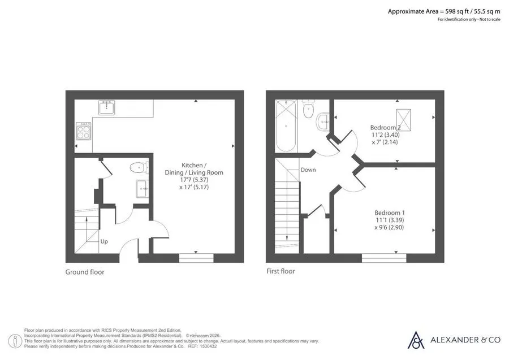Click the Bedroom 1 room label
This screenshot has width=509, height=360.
(390, 213)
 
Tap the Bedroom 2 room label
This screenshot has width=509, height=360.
(385, 128)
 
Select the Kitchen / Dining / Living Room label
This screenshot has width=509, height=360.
(194, 168)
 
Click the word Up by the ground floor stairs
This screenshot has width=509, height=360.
(104, 242)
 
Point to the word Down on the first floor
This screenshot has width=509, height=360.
(308, 170)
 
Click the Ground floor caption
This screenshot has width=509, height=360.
(85, 272)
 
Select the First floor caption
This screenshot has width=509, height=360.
(281, 271)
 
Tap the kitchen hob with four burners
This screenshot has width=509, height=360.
(84, 131)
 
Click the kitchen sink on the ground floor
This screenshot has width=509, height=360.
(106, 107)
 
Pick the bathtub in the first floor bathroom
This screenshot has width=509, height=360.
(286, 126)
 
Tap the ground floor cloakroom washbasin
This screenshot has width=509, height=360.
(142, 188)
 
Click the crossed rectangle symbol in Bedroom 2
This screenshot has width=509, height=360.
(403, 120)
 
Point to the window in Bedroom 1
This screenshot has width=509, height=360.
(384, 258)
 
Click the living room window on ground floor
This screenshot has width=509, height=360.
(196, 258)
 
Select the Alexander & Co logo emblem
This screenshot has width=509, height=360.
(416, 340)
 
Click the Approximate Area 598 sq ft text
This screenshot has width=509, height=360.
(444, 12)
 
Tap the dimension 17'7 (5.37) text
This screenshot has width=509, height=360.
(194, 180)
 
